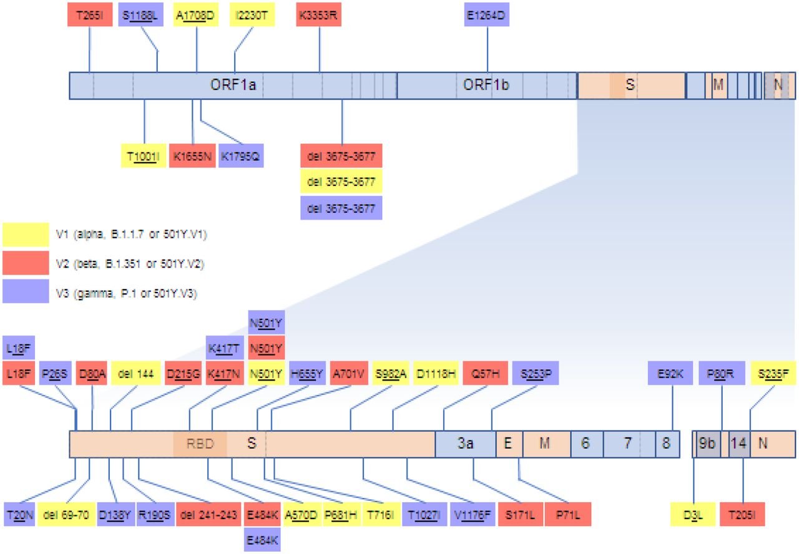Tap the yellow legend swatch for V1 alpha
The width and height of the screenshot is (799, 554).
click(x=26, y=235)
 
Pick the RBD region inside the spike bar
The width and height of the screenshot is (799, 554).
click(x=200, y=444)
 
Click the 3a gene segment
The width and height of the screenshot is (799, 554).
click(x=465, y=444)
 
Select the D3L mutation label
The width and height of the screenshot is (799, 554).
click(x=694, y=513)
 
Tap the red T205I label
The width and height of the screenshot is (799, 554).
click(x=742, y=513)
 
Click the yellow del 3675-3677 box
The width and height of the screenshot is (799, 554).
click(x=341, y=182)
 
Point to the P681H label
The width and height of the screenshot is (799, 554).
click(x=340, y=513)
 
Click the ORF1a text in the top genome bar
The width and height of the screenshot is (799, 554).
click(x=233, y=85)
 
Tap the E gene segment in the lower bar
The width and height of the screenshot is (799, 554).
click(x=509, y=444)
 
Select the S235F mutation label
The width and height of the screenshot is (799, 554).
click(x=773, y=374)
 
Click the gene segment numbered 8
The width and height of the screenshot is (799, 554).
click(x=667, y=444)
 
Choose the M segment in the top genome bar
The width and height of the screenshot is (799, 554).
click(x=718, y=85)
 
